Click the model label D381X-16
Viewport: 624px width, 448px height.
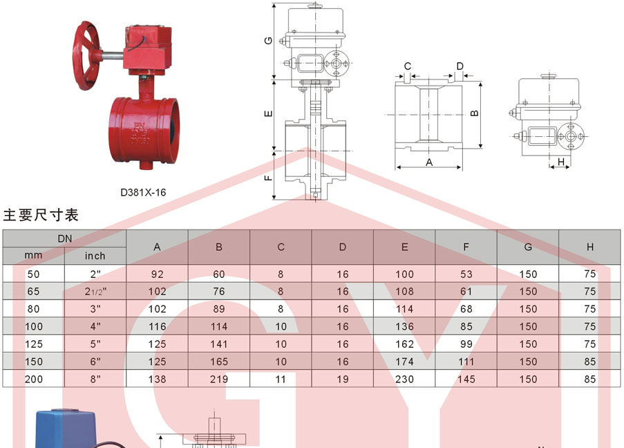click(143, 192)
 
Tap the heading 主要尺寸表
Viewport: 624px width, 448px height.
click(41, 215)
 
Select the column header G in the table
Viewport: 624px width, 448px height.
click(528, 247)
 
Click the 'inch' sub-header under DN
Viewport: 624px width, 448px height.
click(95, 256)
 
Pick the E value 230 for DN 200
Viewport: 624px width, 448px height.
click(404, 379)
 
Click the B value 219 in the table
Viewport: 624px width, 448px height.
click(219, 379)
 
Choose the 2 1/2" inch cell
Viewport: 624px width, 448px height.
click(95, 292)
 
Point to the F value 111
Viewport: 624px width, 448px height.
click(466, 362)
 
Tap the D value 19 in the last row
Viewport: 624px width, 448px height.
click(343, 379)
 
